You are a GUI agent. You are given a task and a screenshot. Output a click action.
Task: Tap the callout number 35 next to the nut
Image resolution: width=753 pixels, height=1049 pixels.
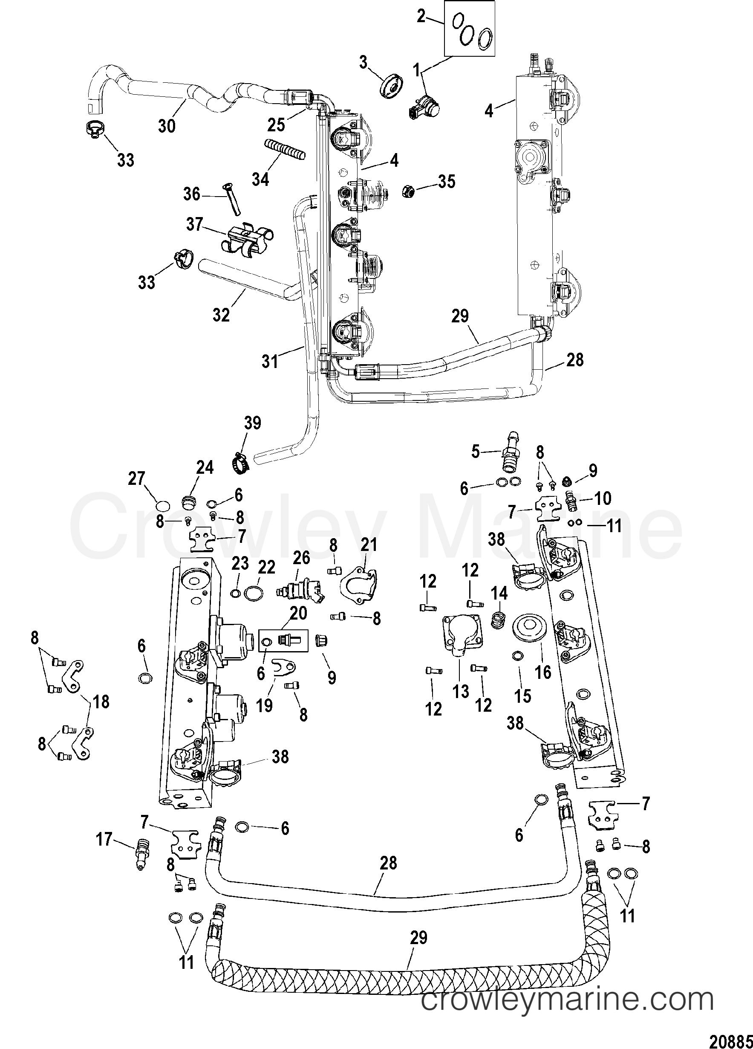(447, 182)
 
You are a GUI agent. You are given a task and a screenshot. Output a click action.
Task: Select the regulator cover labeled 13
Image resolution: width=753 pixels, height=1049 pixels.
(459, 638)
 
